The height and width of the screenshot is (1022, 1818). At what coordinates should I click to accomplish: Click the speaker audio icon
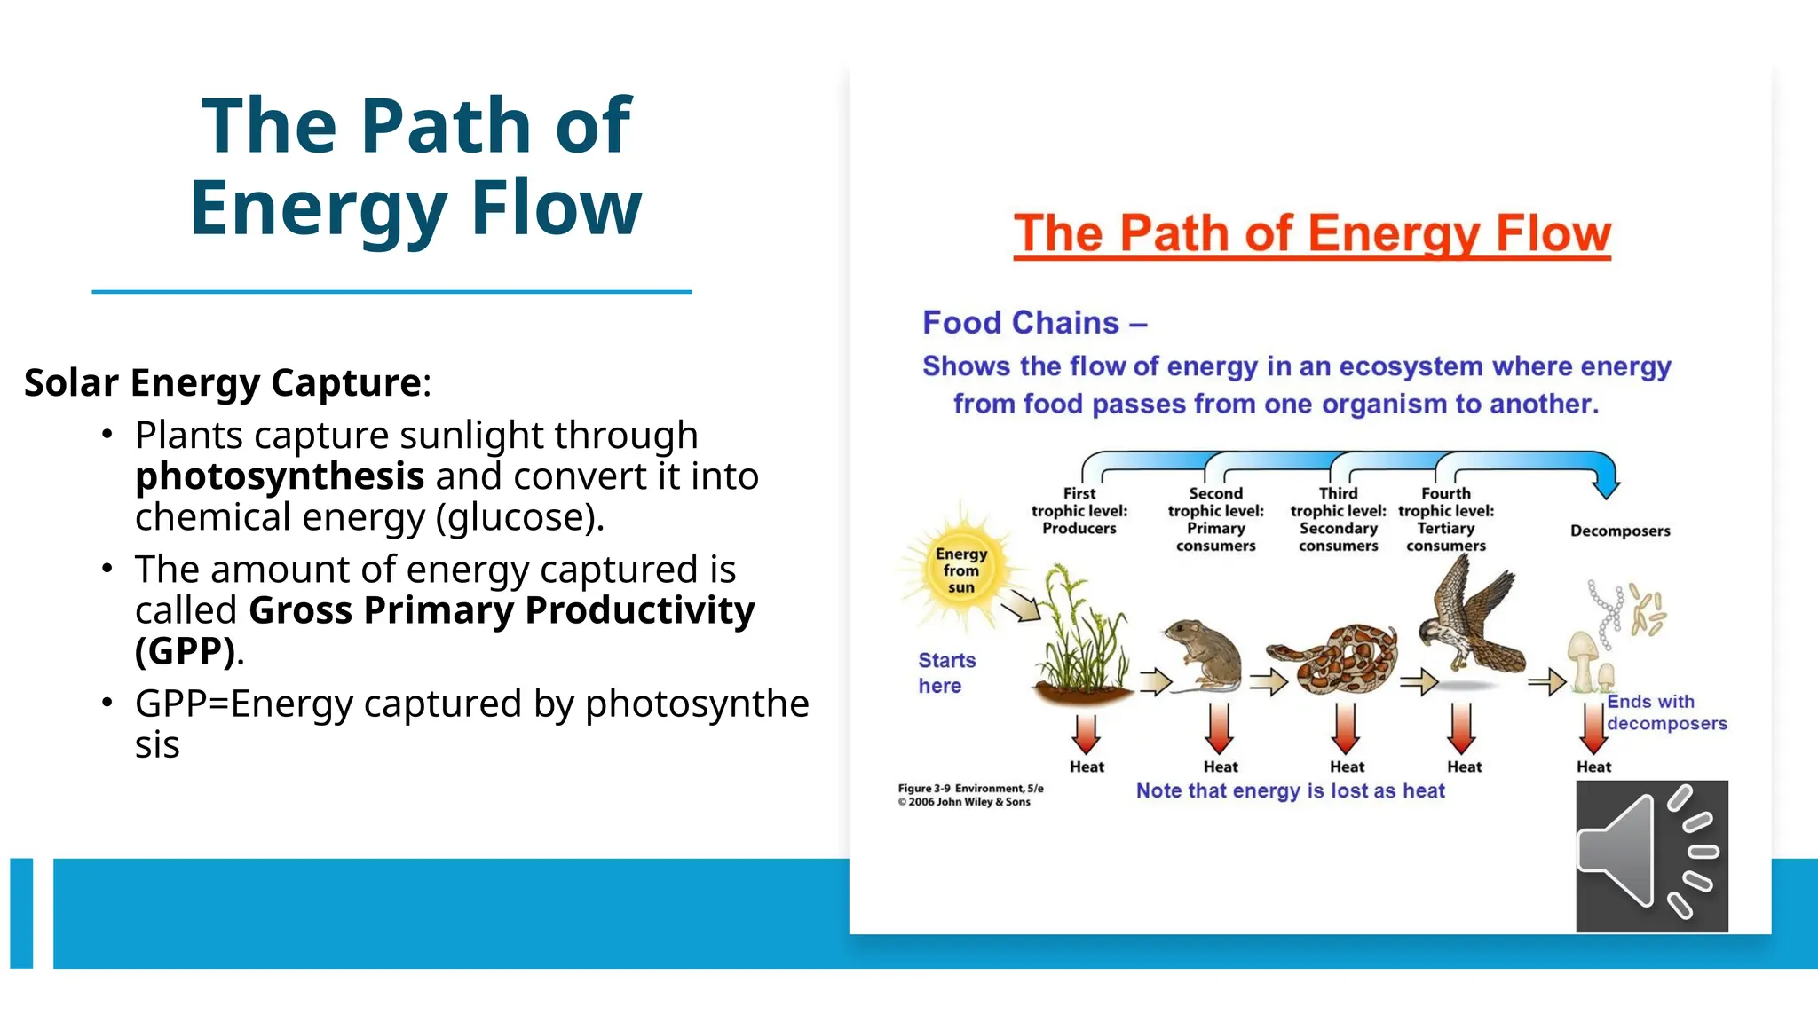(x=1651, y=856)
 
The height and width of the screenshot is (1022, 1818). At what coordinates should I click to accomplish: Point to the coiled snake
(x=1337, y=661)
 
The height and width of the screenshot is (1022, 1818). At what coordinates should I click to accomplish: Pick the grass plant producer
(x=1080, y=639)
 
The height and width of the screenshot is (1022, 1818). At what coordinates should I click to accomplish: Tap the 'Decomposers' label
(x=1619, y=531)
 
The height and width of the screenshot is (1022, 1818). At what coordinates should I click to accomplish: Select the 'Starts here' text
(x=945, y=672)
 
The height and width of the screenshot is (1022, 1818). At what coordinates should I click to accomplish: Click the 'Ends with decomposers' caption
(x=1665, y=712)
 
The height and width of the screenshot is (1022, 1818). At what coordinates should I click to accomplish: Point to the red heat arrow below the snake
(x=1346, y=729)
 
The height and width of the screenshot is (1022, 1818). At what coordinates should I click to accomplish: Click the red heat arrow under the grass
(x=1086, y=733)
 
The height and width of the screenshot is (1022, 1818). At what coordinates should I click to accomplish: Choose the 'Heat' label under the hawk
(x=1464, y=766)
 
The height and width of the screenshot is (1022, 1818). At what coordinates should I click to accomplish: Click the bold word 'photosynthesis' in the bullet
(x=280, y=476)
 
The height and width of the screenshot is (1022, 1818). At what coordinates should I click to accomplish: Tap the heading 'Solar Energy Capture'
(x=223, y=382)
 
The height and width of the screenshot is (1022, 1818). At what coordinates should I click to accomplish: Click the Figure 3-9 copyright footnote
(x=969, y=795)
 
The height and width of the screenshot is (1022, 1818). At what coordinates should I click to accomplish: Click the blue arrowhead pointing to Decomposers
(x=1605, y=485)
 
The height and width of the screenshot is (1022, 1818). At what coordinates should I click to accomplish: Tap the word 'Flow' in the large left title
(x=556, y=208)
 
